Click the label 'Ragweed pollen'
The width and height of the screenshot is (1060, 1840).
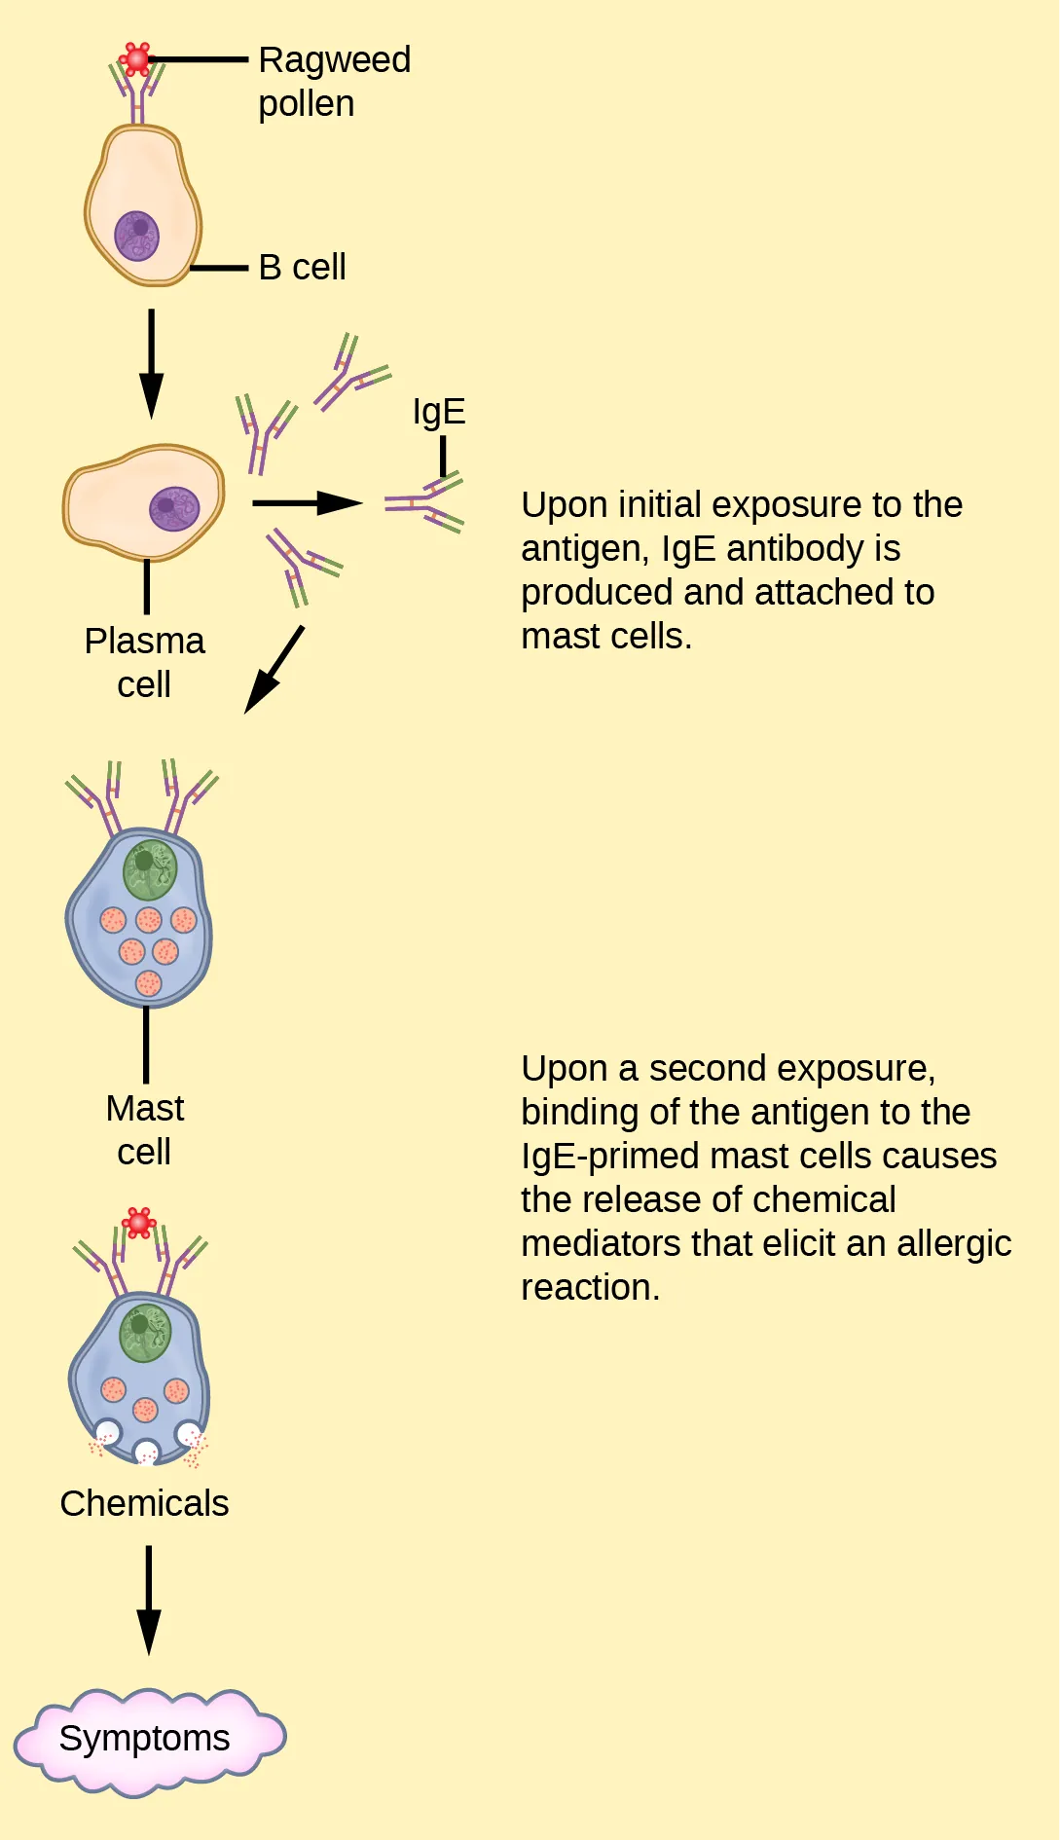pyautogui.click(x=334, y=82)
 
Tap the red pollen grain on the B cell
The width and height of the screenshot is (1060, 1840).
pyautogui.click(x=137, y=59)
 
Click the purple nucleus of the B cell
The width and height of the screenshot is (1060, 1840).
pyautogui.click(x=137, y=236)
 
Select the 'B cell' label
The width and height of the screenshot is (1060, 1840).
pyautogui.click(x=302, y=267)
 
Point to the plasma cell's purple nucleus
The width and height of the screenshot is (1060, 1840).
pyautogui.click(x=174, y=508)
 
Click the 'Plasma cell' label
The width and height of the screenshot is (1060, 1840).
pyautogui.click(x=144, y=662)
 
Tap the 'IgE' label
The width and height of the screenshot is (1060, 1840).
pyautogui.click(x=439, y=412)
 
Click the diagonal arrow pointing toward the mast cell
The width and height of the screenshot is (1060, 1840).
pyautogui.click(x=274, y=669)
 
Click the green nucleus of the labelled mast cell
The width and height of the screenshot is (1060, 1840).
pyautogui.click(x=150, y=869)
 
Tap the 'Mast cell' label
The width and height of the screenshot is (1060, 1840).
pyautogui.click(x=144, y=1129)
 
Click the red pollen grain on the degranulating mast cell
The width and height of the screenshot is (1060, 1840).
pyautogui.click(x=139, y=1223)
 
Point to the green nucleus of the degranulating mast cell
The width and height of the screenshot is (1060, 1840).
pyautogui.click(x=145, y=1333)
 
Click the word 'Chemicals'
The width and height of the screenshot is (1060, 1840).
pyautogui.click(x=144, y=1503)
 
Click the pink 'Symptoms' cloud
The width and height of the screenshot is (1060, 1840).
pyautogui.click(x=146, y=1740)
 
